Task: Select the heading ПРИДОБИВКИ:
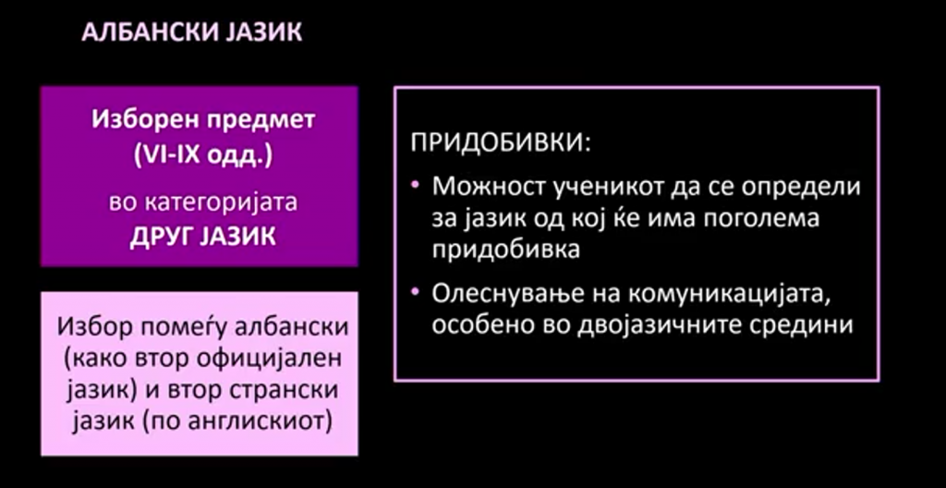coord(501,144)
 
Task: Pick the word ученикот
coord(587,187)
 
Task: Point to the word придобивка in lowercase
coord(505,250)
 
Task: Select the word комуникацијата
coord(712,296)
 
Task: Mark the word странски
coord(284,390)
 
